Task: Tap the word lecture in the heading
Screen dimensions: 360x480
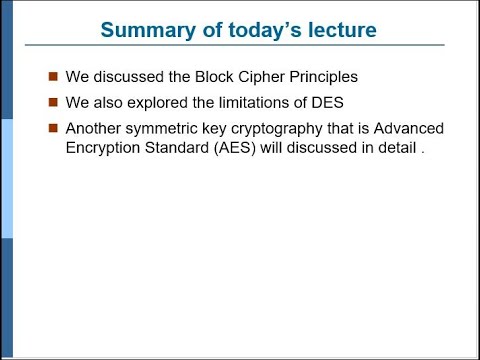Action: (x=338, y=30)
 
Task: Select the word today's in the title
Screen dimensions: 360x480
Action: (x=258, y=30)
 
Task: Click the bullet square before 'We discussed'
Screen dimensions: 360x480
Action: (x=53, y=76)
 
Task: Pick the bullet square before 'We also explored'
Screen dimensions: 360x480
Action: (x=53, y=101)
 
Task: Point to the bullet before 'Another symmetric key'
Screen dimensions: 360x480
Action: (x=53, y=127)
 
